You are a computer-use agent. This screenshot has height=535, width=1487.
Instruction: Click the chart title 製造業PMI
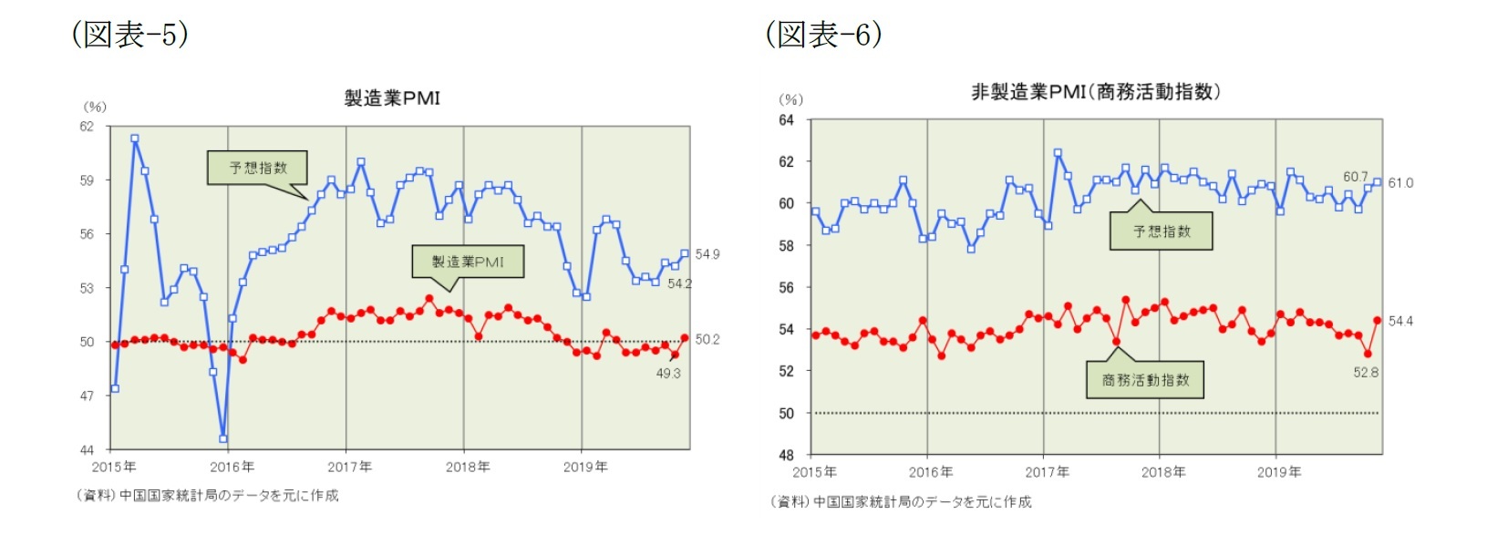pos(392,98)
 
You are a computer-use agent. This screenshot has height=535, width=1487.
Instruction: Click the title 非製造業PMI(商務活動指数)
pos(1095,92)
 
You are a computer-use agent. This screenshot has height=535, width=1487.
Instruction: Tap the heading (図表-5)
pos(130,35)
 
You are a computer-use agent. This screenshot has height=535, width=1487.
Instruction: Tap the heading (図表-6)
pos(823,35)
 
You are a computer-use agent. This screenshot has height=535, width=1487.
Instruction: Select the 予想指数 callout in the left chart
pos(257,168)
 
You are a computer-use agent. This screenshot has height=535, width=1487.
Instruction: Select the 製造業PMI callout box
pos(468,262)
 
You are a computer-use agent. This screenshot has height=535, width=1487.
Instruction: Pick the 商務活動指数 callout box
pos(1145,380)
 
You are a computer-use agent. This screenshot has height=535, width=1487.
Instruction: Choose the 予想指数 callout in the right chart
pos(1162,231)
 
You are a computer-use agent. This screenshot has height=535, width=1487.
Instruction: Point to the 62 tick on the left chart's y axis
pos(87,127)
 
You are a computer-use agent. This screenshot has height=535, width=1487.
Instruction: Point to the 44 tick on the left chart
pos(87,450)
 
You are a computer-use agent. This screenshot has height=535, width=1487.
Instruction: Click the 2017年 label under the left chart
pos(350,468)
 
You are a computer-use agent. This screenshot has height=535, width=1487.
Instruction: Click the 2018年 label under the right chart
pos(1163,472)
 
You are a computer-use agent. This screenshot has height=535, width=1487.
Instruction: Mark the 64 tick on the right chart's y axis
pos(787,120)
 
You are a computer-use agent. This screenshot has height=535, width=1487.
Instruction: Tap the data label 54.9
pos(707,254)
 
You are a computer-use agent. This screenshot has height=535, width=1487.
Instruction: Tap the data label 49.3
pos(668,374)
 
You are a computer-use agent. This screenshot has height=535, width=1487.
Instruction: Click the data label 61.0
pos(1400,183)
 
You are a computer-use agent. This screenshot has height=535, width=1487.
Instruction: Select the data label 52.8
pos(1366,373)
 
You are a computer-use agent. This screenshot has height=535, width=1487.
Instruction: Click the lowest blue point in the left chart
pos(223,438)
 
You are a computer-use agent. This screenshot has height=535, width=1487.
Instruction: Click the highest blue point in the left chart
pos(135,139)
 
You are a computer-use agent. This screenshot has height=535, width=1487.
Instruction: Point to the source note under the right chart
pos(901,502)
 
